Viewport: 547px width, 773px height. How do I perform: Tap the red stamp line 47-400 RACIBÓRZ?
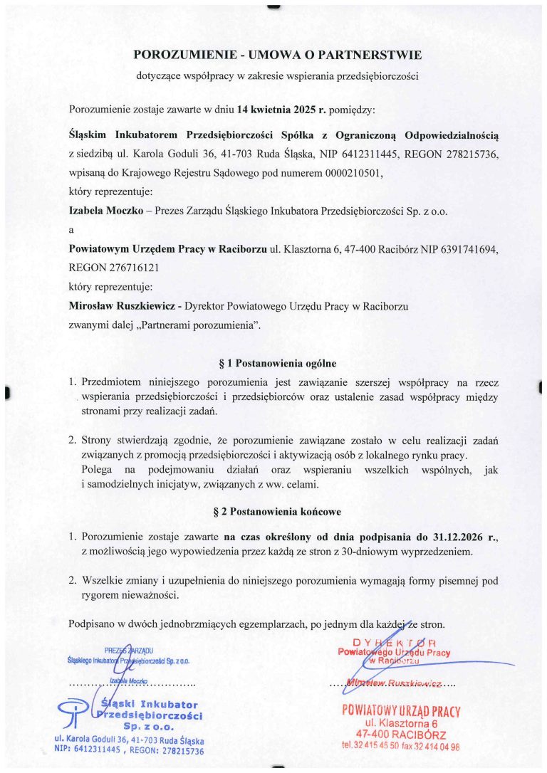(401, 734)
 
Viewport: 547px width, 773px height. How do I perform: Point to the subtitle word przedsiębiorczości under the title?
(376, 75)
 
